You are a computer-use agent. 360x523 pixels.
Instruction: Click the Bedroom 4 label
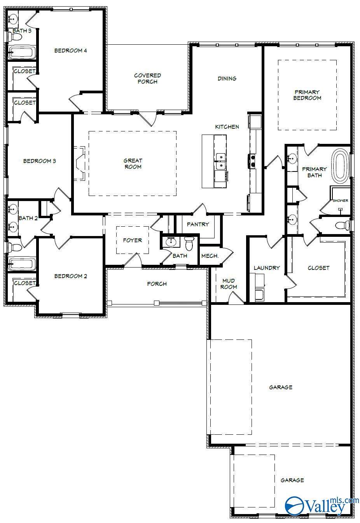(x=70, y=50)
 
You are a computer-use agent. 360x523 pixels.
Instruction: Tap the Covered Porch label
(x=147, y=79)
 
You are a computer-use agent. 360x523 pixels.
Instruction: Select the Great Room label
(x=133, y=164)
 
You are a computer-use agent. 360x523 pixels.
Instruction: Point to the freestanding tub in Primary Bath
(x=341, y=166)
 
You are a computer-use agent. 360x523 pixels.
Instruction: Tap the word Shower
(x=340, y=201)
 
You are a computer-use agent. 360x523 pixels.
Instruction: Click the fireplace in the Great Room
(x=80, y=163)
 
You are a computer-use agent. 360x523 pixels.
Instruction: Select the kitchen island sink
(x=221, y=162)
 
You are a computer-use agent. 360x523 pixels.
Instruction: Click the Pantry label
(x=197, y=224)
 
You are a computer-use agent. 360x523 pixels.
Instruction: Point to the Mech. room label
(x=210, y=256)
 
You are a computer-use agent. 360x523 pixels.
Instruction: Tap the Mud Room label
(x=229, y=284)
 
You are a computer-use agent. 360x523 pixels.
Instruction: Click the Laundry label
(x=267, y=268)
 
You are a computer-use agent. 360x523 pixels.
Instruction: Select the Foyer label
(x=132, y=240)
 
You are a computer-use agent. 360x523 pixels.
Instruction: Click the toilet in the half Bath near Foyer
(x=189, y=244)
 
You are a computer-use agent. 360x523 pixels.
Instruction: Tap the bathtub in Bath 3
(x=21, y=52)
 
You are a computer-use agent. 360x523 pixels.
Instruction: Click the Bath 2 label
(x=28, y=218)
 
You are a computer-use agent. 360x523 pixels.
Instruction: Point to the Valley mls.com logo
(x=321, y=506)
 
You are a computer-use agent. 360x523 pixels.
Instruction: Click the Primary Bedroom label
(x=307, y=95)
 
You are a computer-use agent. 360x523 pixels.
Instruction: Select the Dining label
(x=227, y=79)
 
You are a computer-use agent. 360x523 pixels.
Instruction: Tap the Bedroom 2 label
(x=70, y=276)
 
